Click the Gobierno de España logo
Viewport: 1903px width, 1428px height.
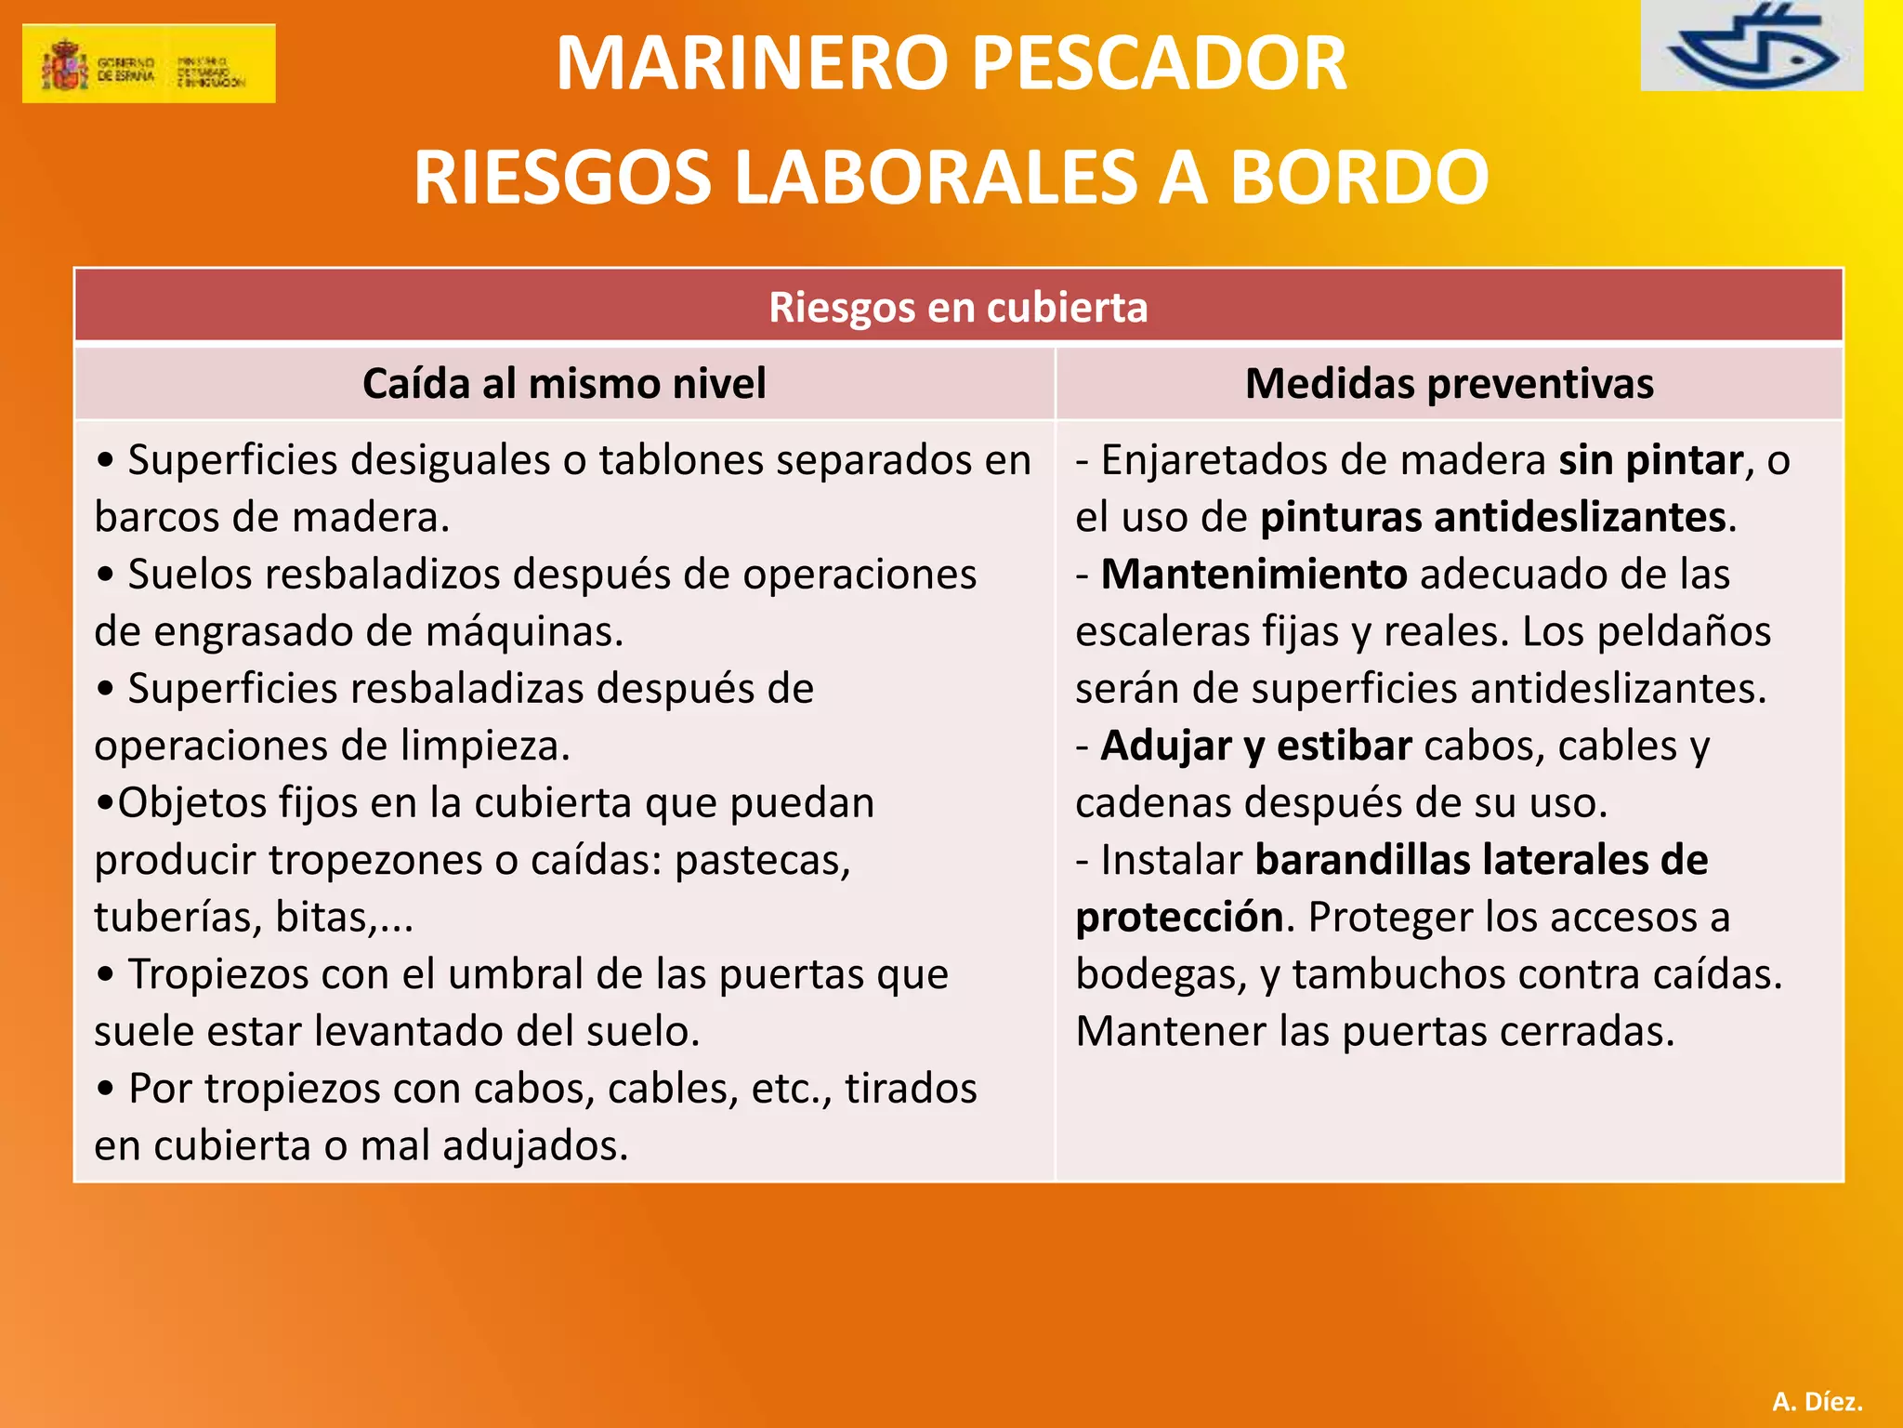click(x=149, y=63)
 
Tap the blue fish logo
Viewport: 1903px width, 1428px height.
click(x=1752, y=46)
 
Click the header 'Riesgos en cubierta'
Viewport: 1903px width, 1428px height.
click(x=958, y=307)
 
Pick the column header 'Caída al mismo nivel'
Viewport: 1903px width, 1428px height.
click(x=564, y=384)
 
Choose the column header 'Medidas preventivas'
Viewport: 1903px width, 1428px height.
click(x=1449, y=384)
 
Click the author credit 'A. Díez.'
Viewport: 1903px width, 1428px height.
click(x=1817, y=1401)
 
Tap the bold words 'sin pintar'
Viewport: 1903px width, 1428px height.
click(x=1650, y=460)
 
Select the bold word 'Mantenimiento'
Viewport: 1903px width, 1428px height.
click(x=1253, y=575)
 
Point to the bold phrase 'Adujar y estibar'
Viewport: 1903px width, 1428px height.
click(x=1256, y=746)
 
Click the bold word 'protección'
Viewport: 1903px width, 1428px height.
click(x=1179, y=918)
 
